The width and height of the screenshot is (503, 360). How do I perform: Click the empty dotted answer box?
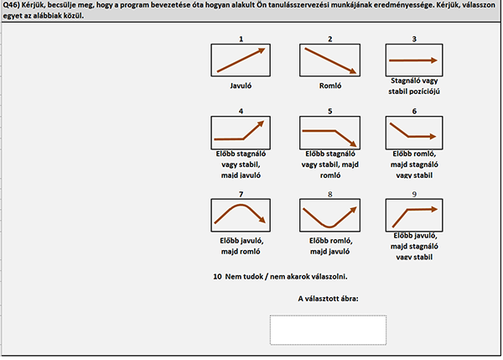point(328,330)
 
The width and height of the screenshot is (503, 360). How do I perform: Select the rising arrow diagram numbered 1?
point(241,60)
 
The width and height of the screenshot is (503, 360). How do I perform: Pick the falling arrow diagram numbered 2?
point(329,60)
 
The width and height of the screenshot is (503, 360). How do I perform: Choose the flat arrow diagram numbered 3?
point(414,60)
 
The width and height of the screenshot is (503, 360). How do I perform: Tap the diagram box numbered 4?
point(241,133)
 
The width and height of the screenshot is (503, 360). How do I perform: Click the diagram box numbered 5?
point(329,133)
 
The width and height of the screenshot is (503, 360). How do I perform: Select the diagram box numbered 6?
point(414,133)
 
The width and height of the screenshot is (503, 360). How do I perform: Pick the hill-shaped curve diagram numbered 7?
point(241,215)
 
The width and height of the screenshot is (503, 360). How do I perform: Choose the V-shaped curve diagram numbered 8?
point(329,215)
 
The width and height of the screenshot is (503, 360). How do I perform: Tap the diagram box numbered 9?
point(414,215)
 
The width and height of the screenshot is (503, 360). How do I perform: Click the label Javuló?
point(241,86)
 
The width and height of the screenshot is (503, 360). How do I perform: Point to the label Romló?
point(330,86)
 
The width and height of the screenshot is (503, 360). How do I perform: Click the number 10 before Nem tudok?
point(217,276)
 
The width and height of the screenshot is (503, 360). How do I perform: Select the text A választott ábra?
point(328,299)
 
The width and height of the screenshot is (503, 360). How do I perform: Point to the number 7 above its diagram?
point(241,194)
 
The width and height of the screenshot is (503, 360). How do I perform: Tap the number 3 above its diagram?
point(414,39)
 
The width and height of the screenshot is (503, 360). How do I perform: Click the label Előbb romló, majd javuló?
point(330,246)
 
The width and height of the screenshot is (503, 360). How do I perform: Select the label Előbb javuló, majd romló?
point(241,246)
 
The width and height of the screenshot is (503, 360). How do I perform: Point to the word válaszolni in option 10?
point(331,276)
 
